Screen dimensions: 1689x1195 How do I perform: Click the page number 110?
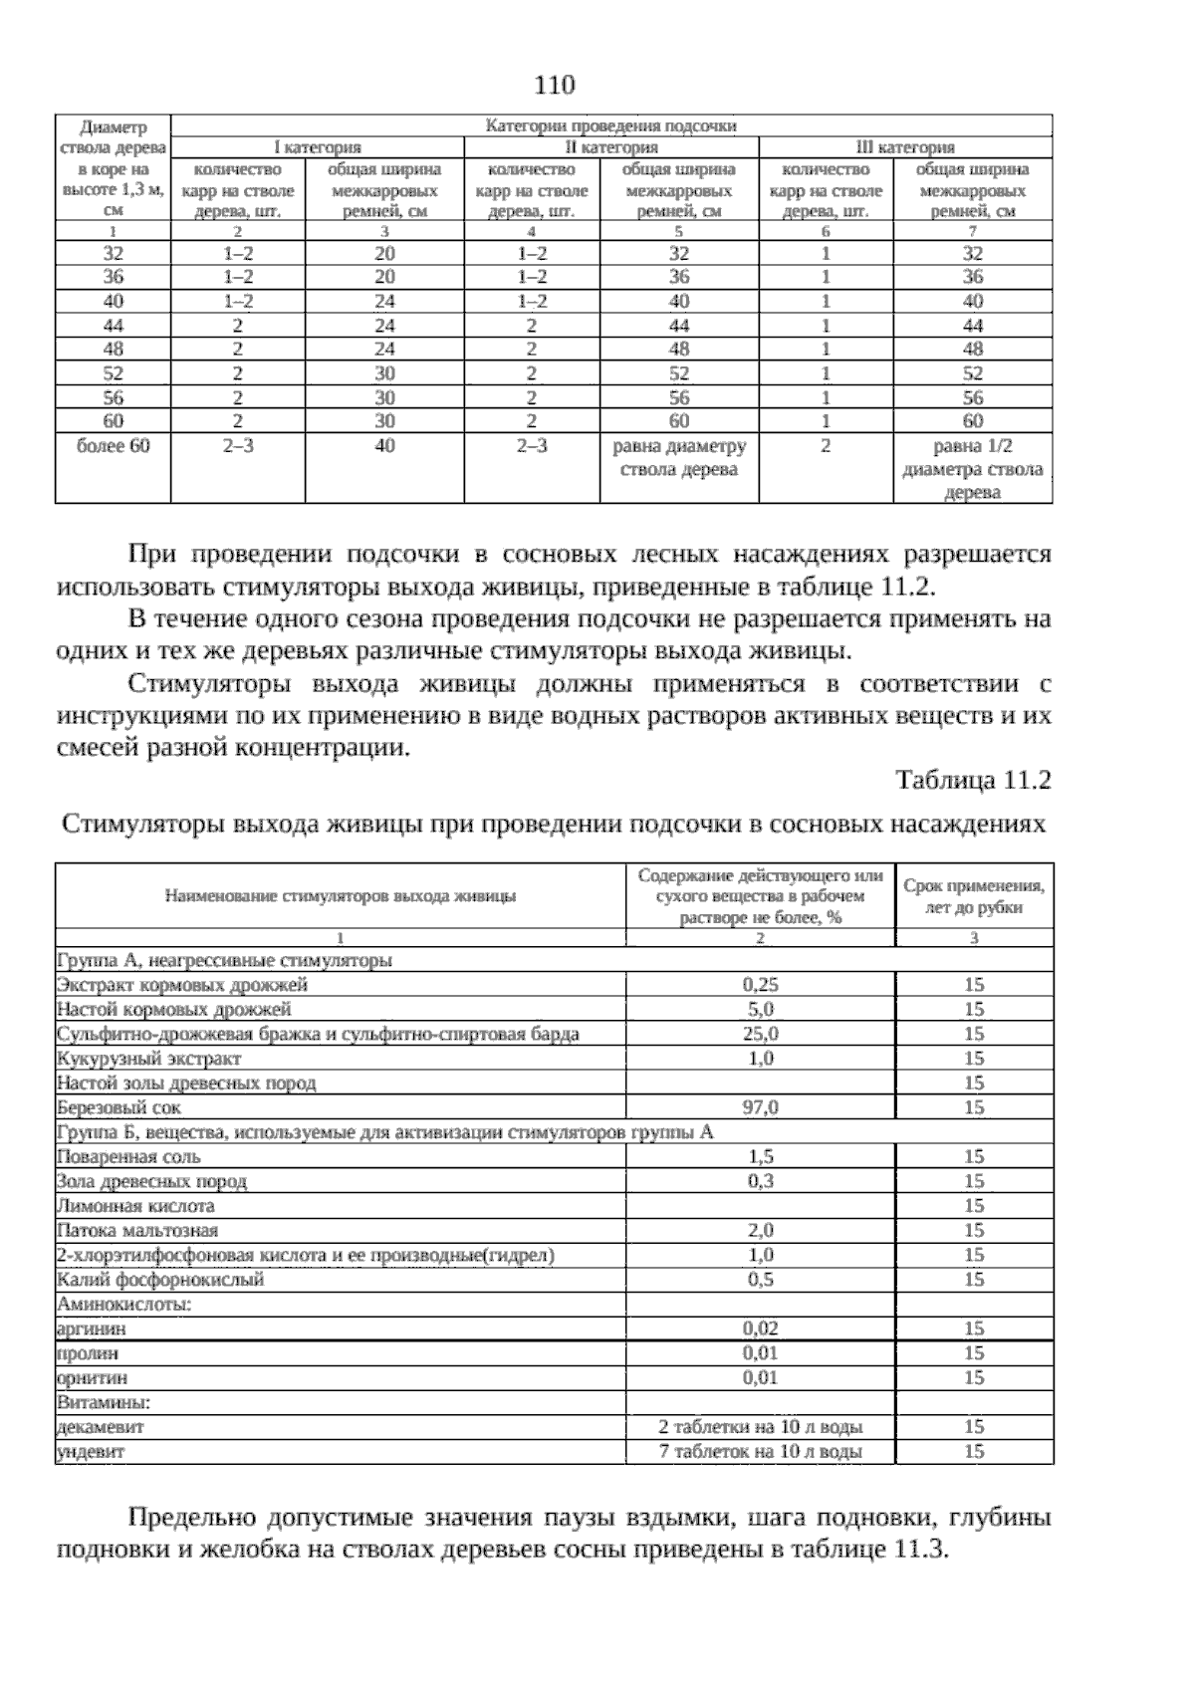point(555,86)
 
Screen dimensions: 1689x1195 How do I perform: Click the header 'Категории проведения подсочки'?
point(610,125)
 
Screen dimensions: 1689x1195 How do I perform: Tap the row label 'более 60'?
point(113,446)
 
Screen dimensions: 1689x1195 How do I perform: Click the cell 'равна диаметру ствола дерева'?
point(679,458)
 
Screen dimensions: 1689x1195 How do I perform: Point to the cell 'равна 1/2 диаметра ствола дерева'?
point(973,469)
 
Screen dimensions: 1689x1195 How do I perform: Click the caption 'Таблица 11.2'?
point(973,780)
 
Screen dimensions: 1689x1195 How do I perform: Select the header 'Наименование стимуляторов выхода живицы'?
point(340,896)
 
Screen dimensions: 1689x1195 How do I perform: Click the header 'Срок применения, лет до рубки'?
point(973,896)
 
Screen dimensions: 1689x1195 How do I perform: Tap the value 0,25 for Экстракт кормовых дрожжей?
point(760,985)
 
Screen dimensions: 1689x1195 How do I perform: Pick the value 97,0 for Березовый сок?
point(760,1107)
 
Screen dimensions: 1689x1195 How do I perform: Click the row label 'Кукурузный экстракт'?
point(149,1059)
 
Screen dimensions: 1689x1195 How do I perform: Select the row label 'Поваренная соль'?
point(128,1156)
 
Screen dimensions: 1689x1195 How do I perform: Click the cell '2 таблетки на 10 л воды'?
point(760,1427)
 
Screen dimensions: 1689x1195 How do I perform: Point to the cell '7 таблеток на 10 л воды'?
point(760,1451)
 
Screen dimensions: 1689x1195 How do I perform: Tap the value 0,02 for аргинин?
point(760,1328)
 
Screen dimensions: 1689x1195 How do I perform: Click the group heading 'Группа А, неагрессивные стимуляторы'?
point(224,961)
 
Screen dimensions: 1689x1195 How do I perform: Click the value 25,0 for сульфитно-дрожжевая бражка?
point(760,1034)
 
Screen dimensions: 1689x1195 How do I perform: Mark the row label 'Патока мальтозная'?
point(137,1231)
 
